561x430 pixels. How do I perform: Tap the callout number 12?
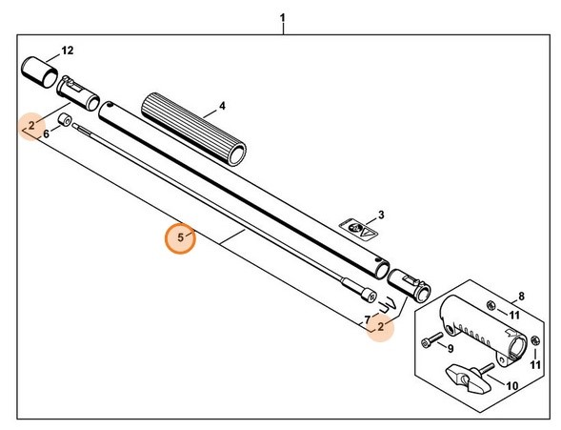(x=67, y=50)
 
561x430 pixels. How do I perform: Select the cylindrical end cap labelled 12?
(x=39, y=69)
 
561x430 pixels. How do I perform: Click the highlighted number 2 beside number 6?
(x=31, y=125)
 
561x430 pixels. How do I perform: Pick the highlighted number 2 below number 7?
(x=381, y=327)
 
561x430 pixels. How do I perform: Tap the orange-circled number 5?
(x=180, y=237)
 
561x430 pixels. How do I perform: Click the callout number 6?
(x=46, y=135)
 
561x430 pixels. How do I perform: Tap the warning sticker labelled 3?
(x=359, y=229)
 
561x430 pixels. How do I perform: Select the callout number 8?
(x=521, y=297)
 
